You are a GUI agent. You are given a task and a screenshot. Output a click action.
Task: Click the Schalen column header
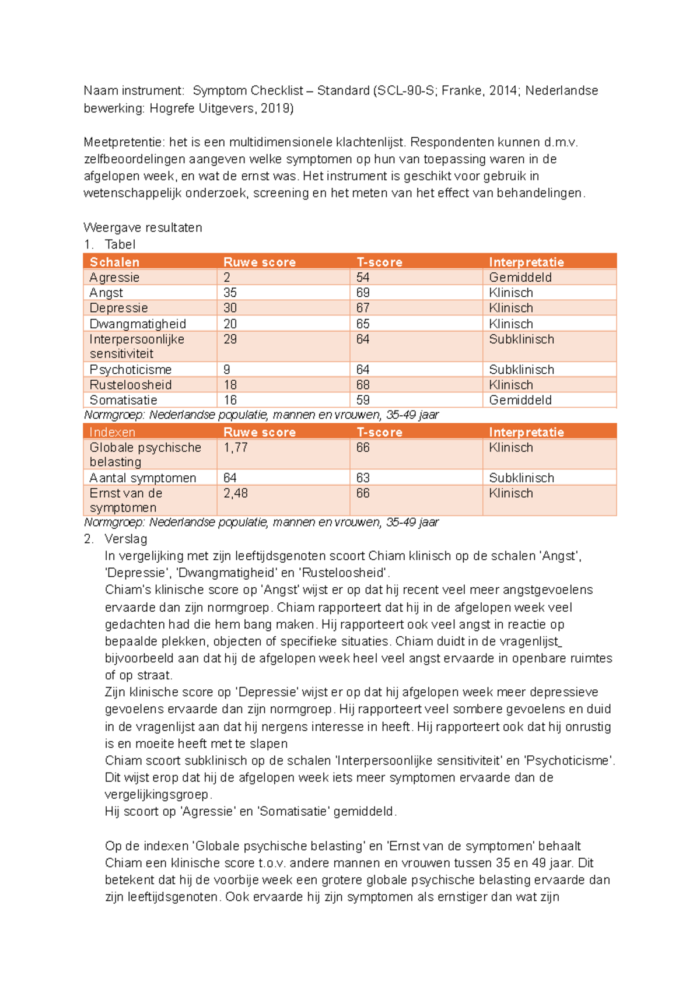114,262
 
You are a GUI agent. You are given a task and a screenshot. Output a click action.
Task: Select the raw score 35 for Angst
230,293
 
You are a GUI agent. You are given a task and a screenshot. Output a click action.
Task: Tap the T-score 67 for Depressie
363,308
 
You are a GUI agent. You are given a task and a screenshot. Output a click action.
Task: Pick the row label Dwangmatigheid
138,324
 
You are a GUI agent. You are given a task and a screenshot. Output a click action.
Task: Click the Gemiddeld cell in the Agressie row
520,278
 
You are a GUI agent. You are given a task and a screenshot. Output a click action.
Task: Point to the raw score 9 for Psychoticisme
227,370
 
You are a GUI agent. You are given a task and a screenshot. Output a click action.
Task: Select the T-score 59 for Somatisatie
363,400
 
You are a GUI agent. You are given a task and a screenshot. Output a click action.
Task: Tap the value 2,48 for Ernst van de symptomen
235,493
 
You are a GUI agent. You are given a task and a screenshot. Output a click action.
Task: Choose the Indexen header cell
112,432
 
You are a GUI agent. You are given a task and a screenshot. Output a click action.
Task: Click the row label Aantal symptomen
142,478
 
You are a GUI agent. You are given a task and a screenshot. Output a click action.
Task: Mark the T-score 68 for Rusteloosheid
363,385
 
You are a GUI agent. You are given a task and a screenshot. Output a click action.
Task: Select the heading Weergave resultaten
142,227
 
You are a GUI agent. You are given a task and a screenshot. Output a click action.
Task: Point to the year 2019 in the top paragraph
275,108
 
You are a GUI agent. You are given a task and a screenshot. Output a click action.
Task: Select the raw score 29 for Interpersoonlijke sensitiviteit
230,339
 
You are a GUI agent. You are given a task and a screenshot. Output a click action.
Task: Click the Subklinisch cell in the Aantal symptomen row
521,478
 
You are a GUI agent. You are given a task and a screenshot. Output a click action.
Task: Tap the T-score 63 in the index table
363,478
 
